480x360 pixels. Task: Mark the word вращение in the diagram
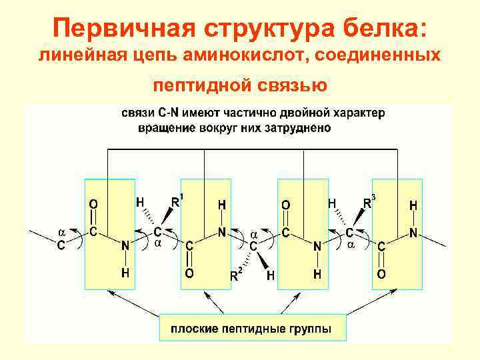tap(165, 127)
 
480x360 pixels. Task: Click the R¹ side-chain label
tap(177, 201)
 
